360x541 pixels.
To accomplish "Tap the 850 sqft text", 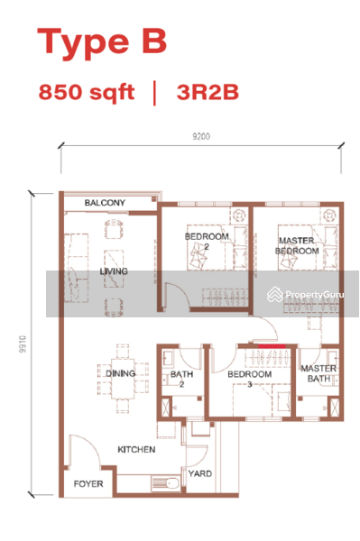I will pyautogui.click(x=87, y=92).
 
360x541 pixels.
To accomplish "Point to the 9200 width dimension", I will pyautogui.click(x=200, y=137).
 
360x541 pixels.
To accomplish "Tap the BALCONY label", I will pyautogui.click(x=105, y=204).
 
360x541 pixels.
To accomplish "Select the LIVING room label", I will pyautogui.click(x=114, y=271).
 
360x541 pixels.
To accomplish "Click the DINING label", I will pyautogui.click(x=120, y=373).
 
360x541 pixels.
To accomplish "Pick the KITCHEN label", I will pyautogui.click(x=135, y=449).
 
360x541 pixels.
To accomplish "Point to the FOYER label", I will pyautogui.click(x=88, y=484).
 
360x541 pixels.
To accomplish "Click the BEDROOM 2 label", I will pyautogui.click(x=207, y=242).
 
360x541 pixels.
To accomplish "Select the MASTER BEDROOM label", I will pyautogui.click(x=298, y=246).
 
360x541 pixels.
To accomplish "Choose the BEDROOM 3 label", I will pyautogui.click(x=249, y=379).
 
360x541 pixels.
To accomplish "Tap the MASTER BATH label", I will pyautogui.click(x=318, y=373).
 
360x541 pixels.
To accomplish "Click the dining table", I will pyautogui.click(x=121, y=373).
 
